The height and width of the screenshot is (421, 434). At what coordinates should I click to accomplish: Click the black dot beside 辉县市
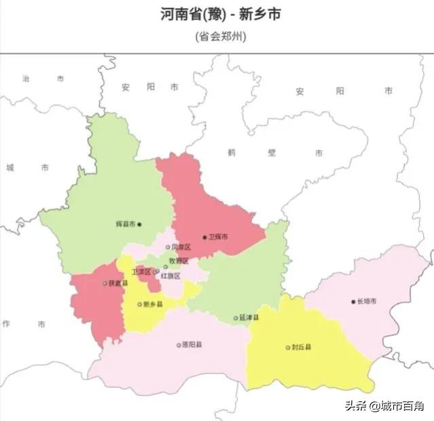pos(140,224)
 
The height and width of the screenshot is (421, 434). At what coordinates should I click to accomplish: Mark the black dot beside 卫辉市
pos(204,237)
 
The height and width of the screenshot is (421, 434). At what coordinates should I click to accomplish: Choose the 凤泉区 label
pos(181,247)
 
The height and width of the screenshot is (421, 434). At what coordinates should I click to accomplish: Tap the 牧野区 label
pos(179,261)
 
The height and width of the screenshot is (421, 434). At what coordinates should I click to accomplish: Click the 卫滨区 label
pos(141,271)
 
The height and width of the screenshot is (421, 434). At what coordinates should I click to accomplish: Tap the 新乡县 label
pos(153,305)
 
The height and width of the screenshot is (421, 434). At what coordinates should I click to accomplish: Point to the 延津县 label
pos(249,317)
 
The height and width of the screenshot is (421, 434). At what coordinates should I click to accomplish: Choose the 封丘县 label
pos(302,347)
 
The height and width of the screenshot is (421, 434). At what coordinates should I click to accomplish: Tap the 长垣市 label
pos(368,301)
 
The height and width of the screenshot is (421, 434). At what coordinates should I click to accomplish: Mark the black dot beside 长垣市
pos(353,301)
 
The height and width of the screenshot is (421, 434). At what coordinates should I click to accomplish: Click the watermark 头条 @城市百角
pos(384,406)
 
